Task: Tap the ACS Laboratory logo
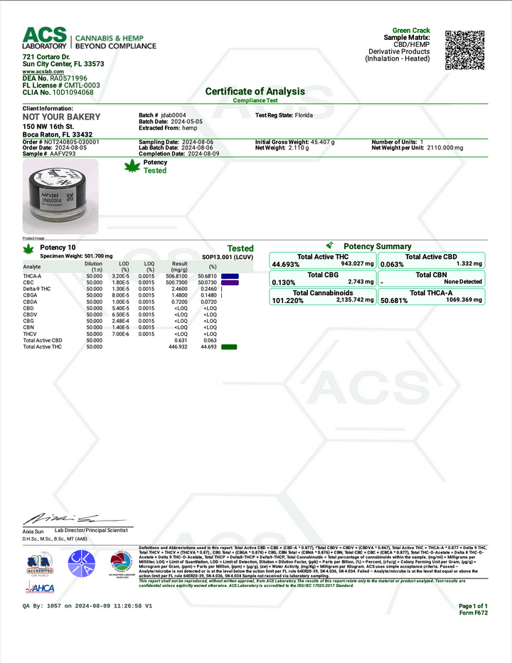[x=44, y=38]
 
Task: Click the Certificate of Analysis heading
[x=255, y=91]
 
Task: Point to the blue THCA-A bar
[x=230, y=275]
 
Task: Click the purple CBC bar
[x=230, y=282]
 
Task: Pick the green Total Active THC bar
[x=228, y=346]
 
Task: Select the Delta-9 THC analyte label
[x=37, y=289]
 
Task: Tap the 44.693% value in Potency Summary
[x=285, y=265]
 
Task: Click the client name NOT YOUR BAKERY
[x=62, y=117]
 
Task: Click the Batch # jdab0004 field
[x=162, y=114]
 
